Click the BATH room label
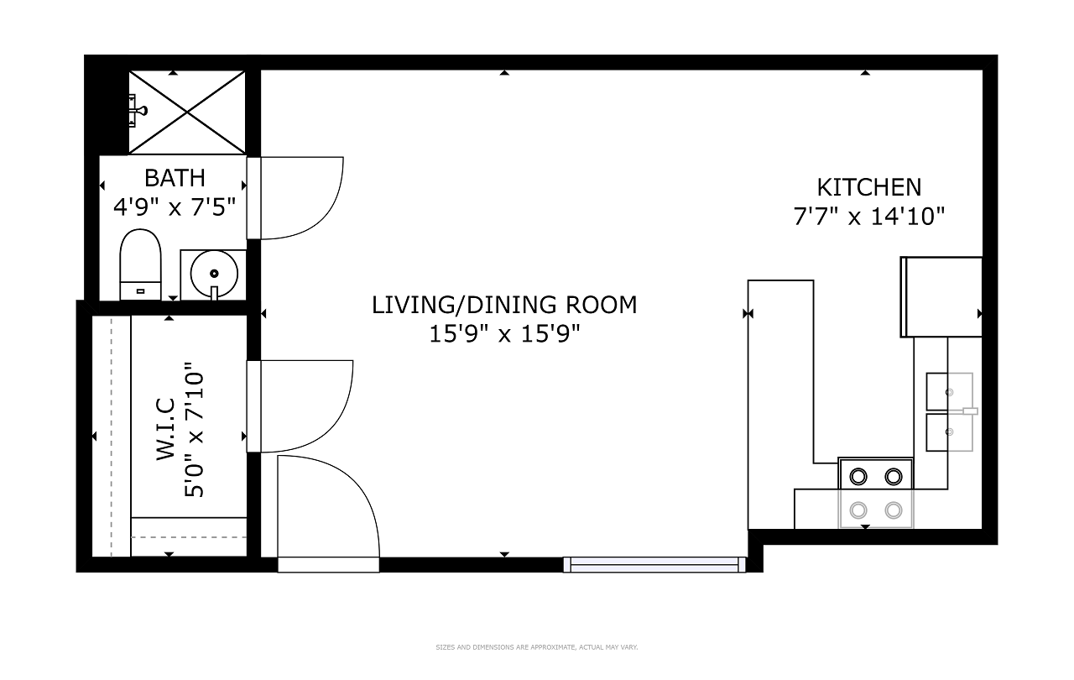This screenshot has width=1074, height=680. coord(175,178)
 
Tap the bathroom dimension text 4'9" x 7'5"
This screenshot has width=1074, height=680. coord(175,207)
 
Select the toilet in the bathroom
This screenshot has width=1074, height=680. coord(140,264)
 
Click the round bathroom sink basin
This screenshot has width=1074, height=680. coord(214,274)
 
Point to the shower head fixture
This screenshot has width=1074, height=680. coord(137,111)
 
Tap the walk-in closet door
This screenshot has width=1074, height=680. coord(300,405)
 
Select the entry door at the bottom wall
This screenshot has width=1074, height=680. coord(328,513)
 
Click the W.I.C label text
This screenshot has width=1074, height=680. coord(165,429)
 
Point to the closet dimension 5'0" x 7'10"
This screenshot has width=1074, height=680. coord(194,430)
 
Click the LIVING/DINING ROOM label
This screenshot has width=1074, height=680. coord(504,305)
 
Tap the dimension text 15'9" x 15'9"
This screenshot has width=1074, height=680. coord(504,334)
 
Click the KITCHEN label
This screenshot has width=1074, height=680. coord(868,187)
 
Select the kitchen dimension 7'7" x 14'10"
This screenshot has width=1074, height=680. coord(868,217)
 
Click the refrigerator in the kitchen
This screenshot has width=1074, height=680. coord(941,297)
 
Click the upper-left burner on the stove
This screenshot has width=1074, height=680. coord(858,477)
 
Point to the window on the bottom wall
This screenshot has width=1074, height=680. coord(654,564)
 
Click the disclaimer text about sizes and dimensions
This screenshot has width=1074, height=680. coord(536,647)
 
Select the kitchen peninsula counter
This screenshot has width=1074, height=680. coord(780,404)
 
